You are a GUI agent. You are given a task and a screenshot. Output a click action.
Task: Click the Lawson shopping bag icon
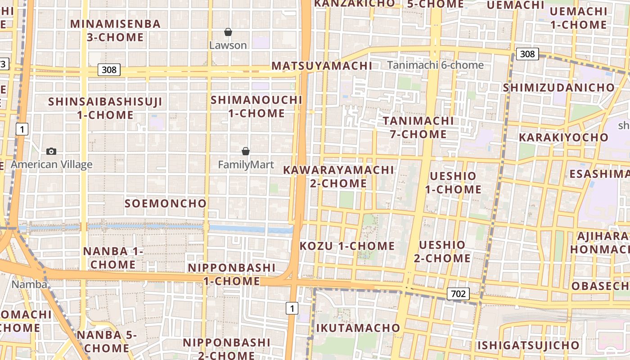pyautogui.click(x=228, y=32)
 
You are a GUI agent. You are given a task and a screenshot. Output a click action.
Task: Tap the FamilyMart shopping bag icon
pyautogui.click(x=246, y=151)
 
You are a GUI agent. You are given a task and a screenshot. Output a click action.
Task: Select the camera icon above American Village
pyautogui.click(x=51, y=151)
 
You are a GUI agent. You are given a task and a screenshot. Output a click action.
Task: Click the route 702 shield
pyautogui.click(x=458, y=294)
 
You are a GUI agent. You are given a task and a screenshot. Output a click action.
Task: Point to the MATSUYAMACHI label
pyautogui.click(x=322, y=66)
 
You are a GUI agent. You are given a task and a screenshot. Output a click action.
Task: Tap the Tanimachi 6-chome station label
pyautogui.click(x=435, y=65)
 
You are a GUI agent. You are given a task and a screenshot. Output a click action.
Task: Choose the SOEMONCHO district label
pyautogui.click(x=166, y=203)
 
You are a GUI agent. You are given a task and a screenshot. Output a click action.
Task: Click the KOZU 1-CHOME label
pyautogui.click(x=347, y=246)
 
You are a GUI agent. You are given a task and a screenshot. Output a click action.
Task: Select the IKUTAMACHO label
pyautogui.click(x=358, y=328)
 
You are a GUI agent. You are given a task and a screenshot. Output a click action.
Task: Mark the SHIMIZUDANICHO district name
pyautogui.click(x=558, y=87)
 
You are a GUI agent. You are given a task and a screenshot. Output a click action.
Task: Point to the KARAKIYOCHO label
pyautogui.click(x=563, y=137)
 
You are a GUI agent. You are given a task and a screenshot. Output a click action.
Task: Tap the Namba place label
pyautogui.click(x=29, y=284)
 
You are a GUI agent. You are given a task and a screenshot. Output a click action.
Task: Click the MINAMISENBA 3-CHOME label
pyautogui.click(x=115, y=31)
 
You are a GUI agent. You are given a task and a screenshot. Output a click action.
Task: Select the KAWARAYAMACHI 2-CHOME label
pyautogui.click(x=338, y=176)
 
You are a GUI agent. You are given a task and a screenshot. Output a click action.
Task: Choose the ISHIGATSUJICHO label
pyautogui.click(x=529, y=345)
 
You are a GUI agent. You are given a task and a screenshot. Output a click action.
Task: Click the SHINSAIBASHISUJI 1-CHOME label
pyautogui.click(x=105, y=108)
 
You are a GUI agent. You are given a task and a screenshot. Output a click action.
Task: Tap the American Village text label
pyautogui.click(x=51, y=164)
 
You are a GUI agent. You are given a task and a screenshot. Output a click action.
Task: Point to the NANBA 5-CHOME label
pyautogui.click(x=106, y=341)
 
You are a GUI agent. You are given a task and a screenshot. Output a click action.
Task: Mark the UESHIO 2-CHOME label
pyautogui.click(x=442, y=252)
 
